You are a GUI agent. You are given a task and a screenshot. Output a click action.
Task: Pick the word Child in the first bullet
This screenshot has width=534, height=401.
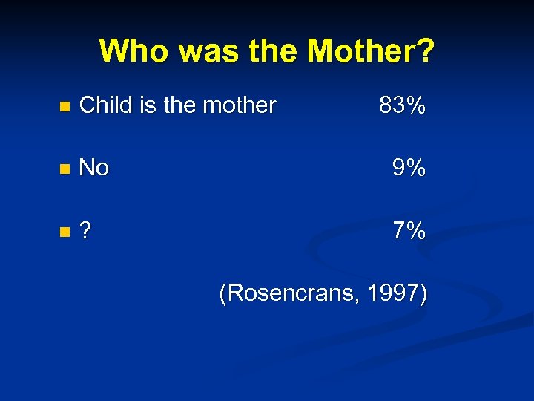(x=104, y=105)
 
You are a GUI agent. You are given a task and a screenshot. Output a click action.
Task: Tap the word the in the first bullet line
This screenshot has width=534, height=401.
(x=179, y=105)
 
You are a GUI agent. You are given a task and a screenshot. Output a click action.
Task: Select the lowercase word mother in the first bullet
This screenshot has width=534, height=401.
(x=239, y=105)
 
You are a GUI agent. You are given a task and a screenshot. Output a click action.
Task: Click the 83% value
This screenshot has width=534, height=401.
(x=402, y=105)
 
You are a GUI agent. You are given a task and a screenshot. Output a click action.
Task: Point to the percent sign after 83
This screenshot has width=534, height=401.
(x=415, y=105)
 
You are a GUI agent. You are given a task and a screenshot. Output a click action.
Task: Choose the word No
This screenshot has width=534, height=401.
(x=93, y=169)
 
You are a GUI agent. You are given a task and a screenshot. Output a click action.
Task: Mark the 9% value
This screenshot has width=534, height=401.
(x=409, y=169)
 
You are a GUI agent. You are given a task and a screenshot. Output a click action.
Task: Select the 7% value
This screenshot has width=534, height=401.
(x=409, y=232)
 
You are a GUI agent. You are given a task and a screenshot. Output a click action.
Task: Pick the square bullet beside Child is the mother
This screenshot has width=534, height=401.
(x=64, y=107)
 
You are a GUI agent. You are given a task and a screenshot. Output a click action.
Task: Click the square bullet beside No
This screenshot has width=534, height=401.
(x=64, y=170)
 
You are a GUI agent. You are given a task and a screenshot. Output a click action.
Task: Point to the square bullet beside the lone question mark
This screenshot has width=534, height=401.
(x=64, y=233)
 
